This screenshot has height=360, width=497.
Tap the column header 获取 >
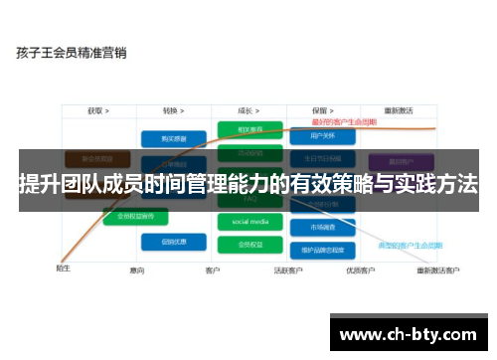(x=97, y=111)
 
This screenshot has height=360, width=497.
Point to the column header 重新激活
(x=397, y=111)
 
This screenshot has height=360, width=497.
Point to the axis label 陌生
(x=63, y=267)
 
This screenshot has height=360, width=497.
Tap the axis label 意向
(x=137, y=270)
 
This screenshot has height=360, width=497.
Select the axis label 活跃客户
(x=289, y=270)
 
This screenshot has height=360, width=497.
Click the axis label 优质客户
(x=360, y=270)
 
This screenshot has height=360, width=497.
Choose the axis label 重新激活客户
(x=438, y=270)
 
